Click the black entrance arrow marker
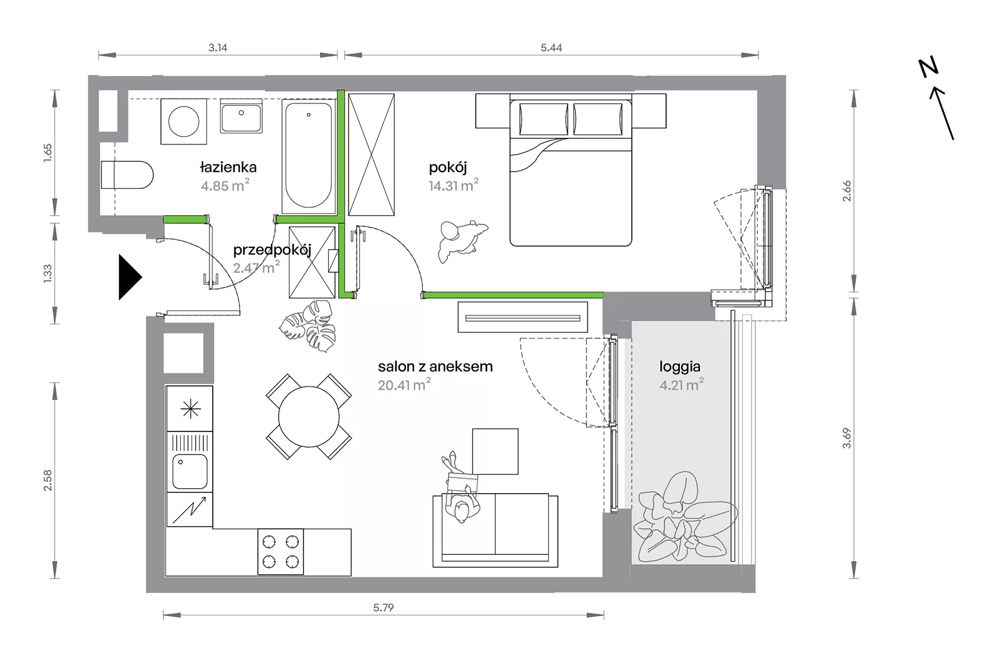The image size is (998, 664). tap(130, 277)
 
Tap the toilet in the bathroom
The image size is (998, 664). tap(127, 175)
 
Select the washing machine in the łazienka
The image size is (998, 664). tap(183, 122)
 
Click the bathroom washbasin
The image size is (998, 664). tap(241, 117)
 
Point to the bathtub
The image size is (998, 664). tap(308, 156)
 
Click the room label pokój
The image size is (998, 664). tap(448, 168)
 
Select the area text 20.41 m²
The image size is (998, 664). tap(404, 385)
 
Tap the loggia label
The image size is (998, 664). tap(680, 367)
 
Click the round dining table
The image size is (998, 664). tap(309, 417)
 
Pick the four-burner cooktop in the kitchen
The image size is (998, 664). tap(281, 552)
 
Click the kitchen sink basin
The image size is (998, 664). tap(190, 471)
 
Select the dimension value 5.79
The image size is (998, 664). tap(384, 607)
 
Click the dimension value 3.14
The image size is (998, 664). tap(218, 47)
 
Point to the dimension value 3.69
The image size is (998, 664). tap(846, 438)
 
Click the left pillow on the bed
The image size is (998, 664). tap(544, 118)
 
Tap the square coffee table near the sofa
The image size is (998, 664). tap(495, 451)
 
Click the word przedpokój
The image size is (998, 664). tap(272, 250)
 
